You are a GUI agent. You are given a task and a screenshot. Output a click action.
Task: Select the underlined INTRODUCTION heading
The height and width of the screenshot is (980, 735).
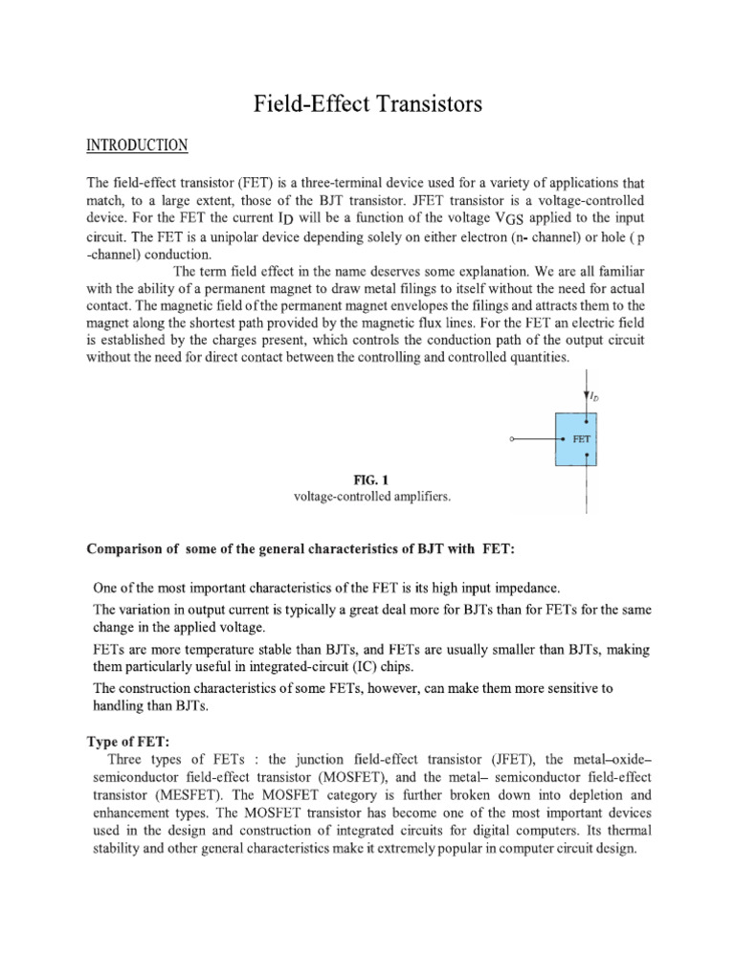pyautogui.click(x=138, y=146)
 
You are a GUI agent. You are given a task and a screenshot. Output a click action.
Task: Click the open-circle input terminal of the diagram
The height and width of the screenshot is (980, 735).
pyautogui.click(x=515, y=439)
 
